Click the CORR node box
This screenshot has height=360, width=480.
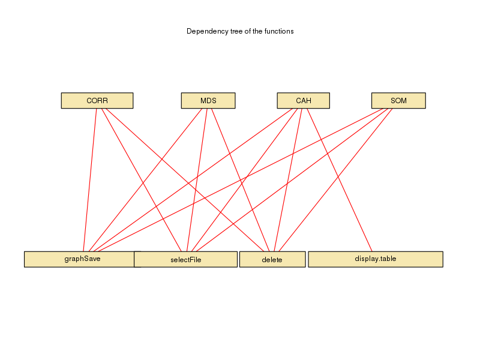point(97,101)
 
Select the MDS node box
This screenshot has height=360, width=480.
point(208,101)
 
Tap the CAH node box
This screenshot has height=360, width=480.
point(303,101)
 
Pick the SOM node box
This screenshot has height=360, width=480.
point(398,101)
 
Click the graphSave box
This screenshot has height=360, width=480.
point(79,259)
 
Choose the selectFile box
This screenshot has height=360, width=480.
point(185,259)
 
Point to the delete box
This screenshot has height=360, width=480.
point(272,259)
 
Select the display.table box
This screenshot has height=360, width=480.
point(375,259)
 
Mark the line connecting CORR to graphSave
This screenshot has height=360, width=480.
point(93,180)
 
